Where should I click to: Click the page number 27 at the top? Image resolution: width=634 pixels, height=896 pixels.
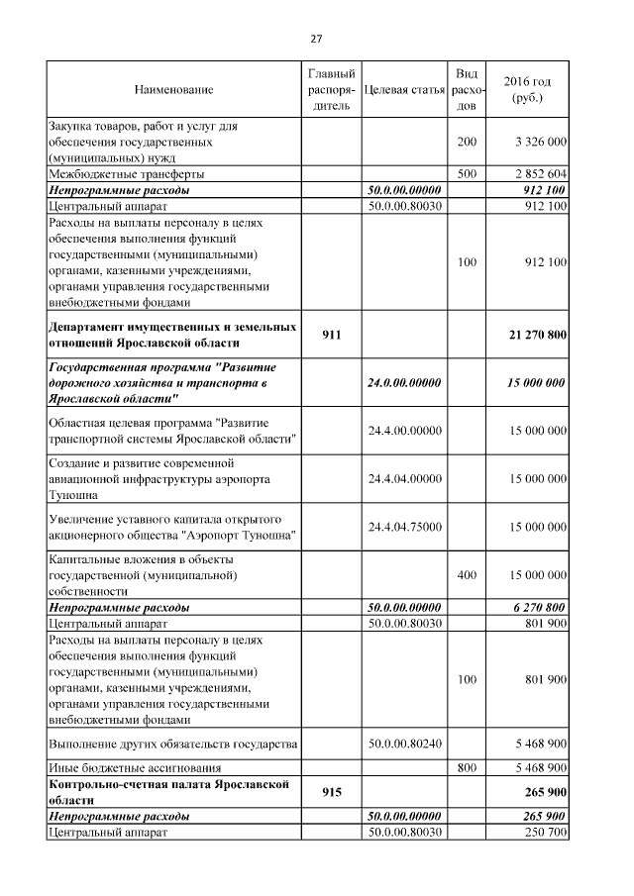(x=316, y=39)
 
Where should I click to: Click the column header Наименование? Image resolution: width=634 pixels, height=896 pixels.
(x=173, y=90)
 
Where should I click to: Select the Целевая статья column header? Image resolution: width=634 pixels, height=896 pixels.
(x=403, y=90)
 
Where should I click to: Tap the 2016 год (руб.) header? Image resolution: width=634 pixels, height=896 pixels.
(x=527, y=90)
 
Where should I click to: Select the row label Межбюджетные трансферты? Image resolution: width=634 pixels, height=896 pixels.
(x=112, y=173)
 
